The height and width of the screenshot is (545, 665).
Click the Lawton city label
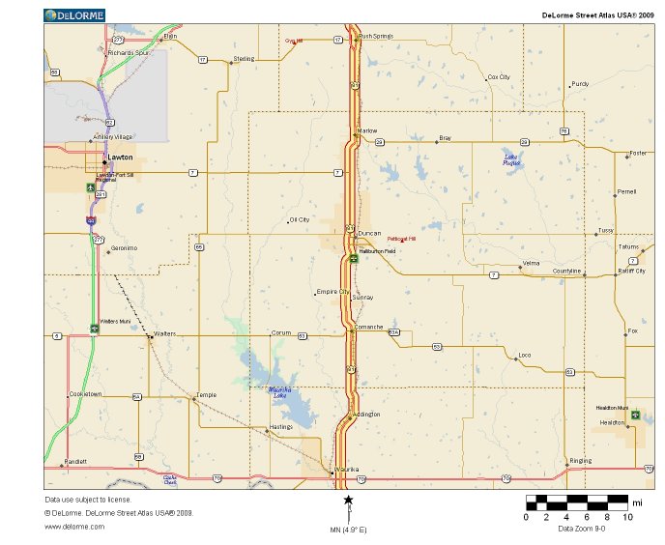pos(121,157)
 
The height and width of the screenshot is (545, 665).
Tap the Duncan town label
pos(369,234)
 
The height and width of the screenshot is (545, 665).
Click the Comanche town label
pos(369,327)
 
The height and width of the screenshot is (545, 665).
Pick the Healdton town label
pos(612,422)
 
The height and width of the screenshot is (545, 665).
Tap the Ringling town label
pos(580,461)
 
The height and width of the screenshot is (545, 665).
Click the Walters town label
pos(164,333)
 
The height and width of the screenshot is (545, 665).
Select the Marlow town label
pos(367,129)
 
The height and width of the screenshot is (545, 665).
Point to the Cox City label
pos(499,76)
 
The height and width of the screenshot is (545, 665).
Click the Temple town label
pos(206,394)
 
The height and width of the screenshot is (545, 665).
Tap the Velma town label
pos(531,263)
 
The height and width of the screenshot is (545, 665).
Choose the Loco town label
pos(525,355)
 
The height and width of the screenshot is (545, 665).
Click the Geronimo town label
pos(125,248)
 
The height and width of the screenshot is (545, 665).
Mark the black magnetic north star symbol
pos(348,500)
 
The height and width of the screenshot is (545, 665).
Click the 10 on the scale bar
pos(628,517)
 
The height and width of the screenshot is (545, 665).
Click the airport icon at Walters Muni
pos(94,328)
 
